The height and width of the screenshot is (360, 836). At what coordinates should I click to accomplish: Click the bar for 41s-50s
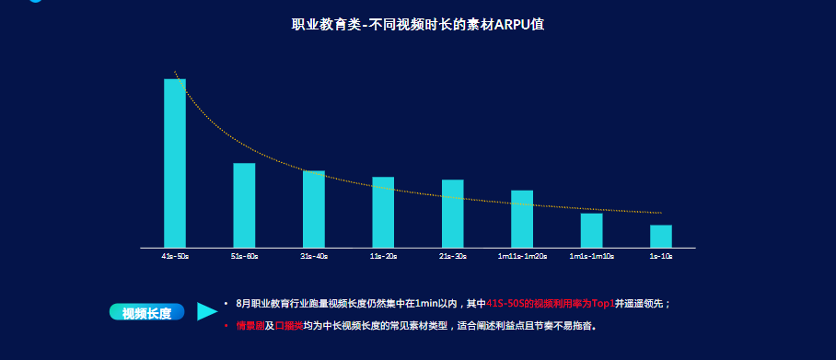pos(175,163)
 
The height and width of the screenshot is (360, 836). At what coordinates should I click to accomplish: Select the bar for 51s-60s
pos(244,205)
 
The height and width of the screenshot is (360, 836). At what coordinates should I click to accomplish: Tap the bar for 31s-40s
pos(314,209)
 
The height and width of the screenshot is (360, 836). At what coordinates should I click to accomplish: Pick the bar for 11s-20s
pos(383,212)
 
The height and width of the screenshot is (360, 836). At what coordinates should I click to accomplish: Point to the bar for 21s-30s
pos(453,214)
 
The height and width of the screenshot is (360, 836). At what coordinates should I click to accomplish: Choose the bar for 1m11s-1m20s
pos(522,219)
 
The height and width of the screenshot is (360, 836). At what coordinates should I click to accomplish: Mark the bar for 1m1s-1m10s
pos(591,230)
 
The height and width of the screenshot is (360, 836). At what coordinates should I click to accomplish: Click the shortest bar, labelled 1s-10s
pos(661,237)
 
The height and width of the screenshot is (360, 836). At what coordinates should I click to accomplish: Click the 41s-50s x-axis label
pos(175,256)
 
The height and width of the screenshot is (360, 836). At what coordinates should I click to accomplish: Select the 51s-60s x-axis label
pos(244,256)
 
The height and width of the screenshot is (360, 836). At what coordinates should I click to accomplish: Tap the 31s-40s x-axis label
pos(314,256)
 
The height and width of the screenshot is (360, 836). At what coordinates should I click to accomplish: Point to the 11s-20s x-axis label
pos(383,256)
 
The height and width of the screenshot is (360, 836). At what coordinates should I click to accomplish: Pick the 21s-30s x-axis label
pos(453,256)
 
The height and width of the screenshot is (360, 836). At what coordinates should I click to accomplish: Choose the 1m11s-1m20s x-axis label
pos(522,256)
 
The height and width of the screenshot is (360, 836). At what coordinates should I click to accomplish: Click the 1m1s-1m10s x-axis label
pos(591,256)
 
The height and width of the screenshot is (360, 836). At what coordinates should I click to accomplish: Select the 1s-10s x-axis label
pos(661,256)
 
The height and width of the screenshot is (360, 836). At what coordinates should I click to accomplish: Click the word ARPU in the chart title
pos(512,24)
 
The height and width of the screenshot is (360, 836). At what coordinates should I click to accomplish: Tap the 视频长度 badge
pos(146,313)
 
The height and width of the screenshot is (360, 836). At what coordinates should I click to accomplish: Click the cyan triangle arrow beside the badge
pos(206,312)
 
